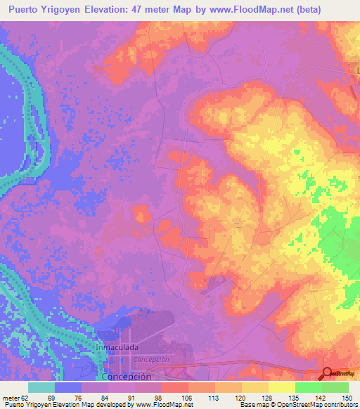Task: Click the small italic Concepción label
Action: click(x=151, y=359)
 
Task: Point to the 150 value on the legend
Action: click(x=345, y=397)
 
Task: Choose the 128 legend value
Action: click(x=266, y=397)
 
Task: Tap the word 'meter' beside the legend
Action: click(x=12, y=397)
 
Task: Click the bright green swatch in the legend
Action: click(x=308, y=387)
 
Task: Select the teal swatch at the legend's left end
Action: click(x=41, y=387)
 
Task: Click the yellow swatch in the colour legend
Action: click(x=281, y=387)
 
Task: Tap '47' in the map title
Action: click(x=151, y=10)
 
